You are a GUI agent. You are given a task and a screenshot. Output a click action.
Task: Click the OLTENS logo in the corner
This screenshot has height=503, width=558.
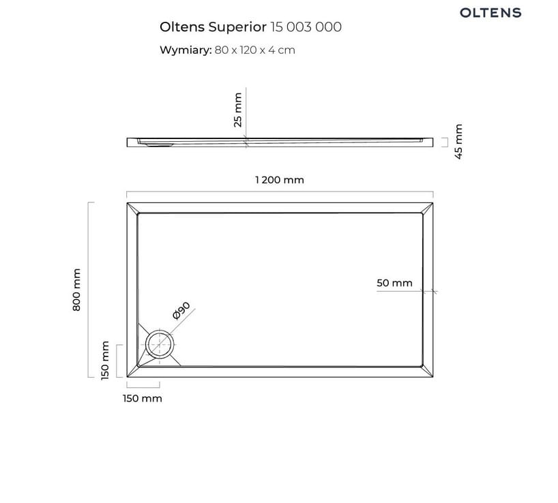point(490,13)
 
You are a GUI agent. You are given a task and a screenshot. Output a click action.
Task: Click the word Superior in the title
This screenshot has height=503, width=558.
point(237,27)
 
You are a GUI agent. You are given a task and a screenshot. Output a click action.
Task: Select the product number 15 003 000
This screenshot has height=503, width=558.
point(306,27)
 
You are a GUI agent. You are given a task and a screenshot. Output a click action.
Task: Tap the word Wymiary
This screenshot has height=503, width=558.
point(186,50)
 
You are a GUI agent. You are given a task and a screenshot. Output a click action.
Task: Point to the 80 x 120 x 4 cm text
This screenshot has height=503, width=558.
point(255,50)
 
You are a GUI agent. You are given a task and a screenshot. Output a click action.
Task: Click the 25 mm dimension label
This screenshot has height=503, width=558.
point(238,110)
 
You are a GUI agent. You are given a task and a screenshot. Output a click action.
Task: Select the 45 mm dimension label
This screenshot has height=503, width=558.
point(458,142)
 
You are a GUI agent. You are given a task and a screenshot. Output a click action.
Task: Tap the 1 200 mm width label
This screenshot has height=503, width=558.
point(280,180)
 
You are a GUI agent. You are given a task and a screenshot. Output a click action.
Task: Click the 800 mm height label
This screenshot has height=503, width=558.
point(76,290)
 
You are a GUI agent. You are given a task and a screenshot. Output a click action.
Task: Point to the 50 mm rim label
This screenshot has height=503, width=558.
point(394,283)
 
